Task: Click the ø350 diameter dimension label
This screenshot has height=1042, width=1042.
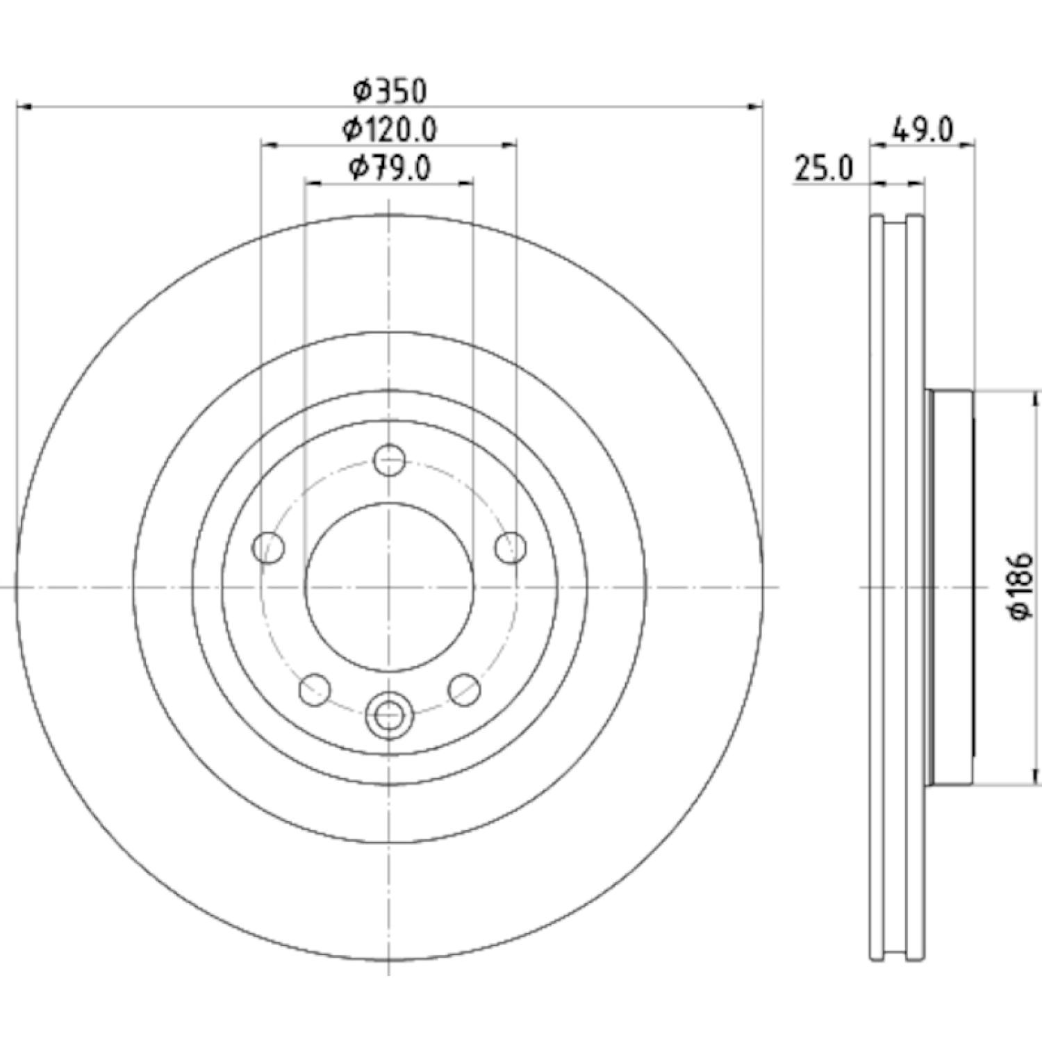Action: click(389, 90)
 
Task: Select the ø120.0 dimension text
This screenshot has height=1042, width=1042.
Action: click(389, 129)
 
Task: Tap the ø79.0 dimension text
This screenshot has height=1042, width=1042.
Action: click(390, 168)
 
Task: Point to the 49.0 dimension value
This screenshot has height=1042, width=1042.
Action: click(924, 130)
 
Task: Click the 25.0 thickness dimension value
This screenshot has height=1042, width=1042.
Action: click(822, 169)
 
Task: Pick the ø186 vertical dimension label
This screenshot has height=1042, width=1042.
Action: click(1024, 587)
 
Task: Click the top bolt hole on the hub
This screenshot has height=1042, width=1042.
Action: click(389, 460)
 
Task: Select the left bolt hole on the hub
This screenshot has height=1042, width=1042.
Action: click(269, 547)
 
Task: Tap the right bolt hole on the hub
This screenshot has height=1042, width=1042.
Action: click(511, 547)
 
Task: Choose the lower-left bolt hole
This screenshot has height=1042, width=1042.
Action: click(315, 689)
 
